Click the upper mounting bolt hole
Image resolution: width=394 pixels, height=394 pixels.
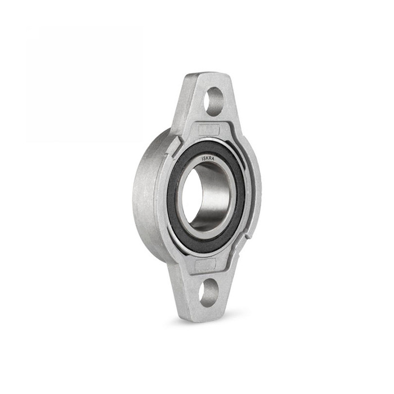tap(213, 101)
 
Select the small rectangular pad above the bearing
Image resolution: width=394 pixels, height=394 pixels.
tap(209, 131)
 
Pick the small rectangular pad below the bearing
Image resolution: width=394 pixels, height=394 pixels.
tap(205, 264)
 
